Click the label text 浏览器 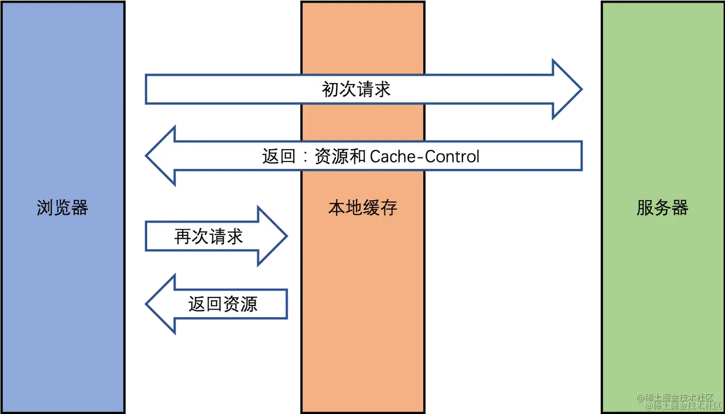pyautogui.click(x=62, y=208)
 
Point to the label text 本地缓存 pyautogui.click(x=362, y=208)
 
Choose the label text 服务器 pyautogui.click(x=663, y=208)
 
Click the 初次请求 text pyautogui.click(x=356, y=89)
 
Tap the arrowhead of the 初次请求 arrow pyautogui.click(x=568, y=89)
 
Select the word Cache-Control pyautogui.click(x=425, y=156)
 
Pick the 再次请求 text pyautogui.click(x=209, y=236)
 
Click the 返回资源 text pyautogui.click(x=223, y=304)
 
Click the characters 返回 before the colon pyautogui.click(x=279, y=156)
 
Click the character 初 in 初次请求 pyautogui.click(x=330, y=89)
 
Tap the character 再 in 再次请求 pyautogui.click(x=183, y=236)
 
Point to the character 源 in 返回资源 pyautogui.click(x=249, y=304)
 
